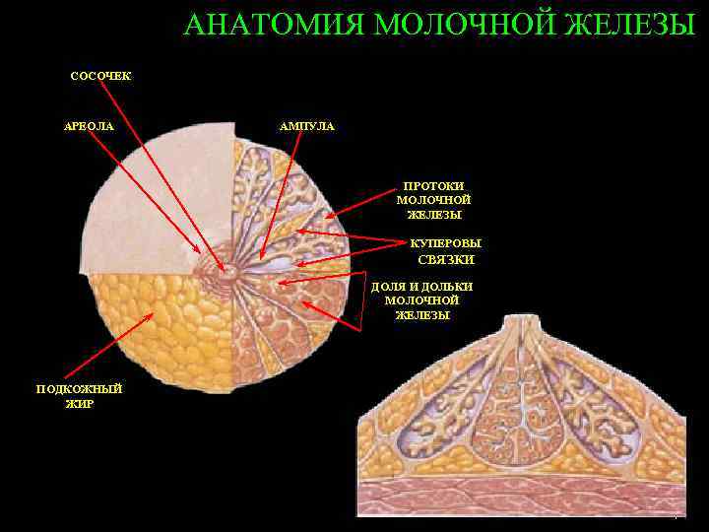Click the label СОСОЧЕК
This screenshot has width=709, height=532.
coord(100,76)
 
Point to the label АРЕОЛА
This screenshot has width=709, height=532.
coord(89,126)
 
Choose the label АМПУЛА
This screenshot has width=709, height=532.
coord(307,126)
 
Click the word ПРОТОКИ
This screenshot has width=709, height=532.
coord(433,186)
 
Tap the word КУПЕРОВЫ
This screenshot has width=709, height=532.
coord(446,243)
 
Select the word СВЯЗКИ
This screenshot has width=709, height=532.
coord(446,260)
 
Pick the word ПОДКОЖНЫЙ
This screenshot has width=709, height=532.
coord(79,388)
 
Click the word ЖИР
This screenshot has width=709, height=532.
coord(79,404)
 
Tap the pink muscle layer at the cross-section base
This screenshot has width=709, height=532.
coord(522,498)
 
